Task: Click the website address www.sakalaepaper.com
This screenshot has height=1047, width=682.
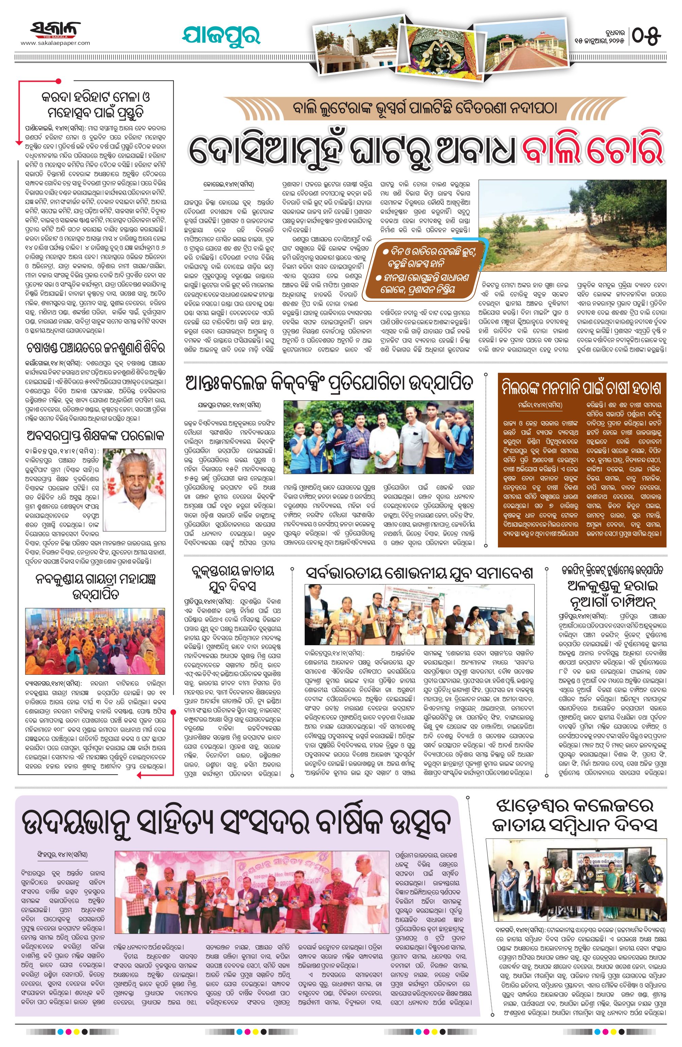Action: [x=55, y=43]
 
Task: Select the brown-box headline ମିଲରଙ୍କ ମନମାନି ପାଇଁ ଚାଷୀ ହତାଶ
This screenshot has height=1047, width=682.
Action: [x=582, y=389]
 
